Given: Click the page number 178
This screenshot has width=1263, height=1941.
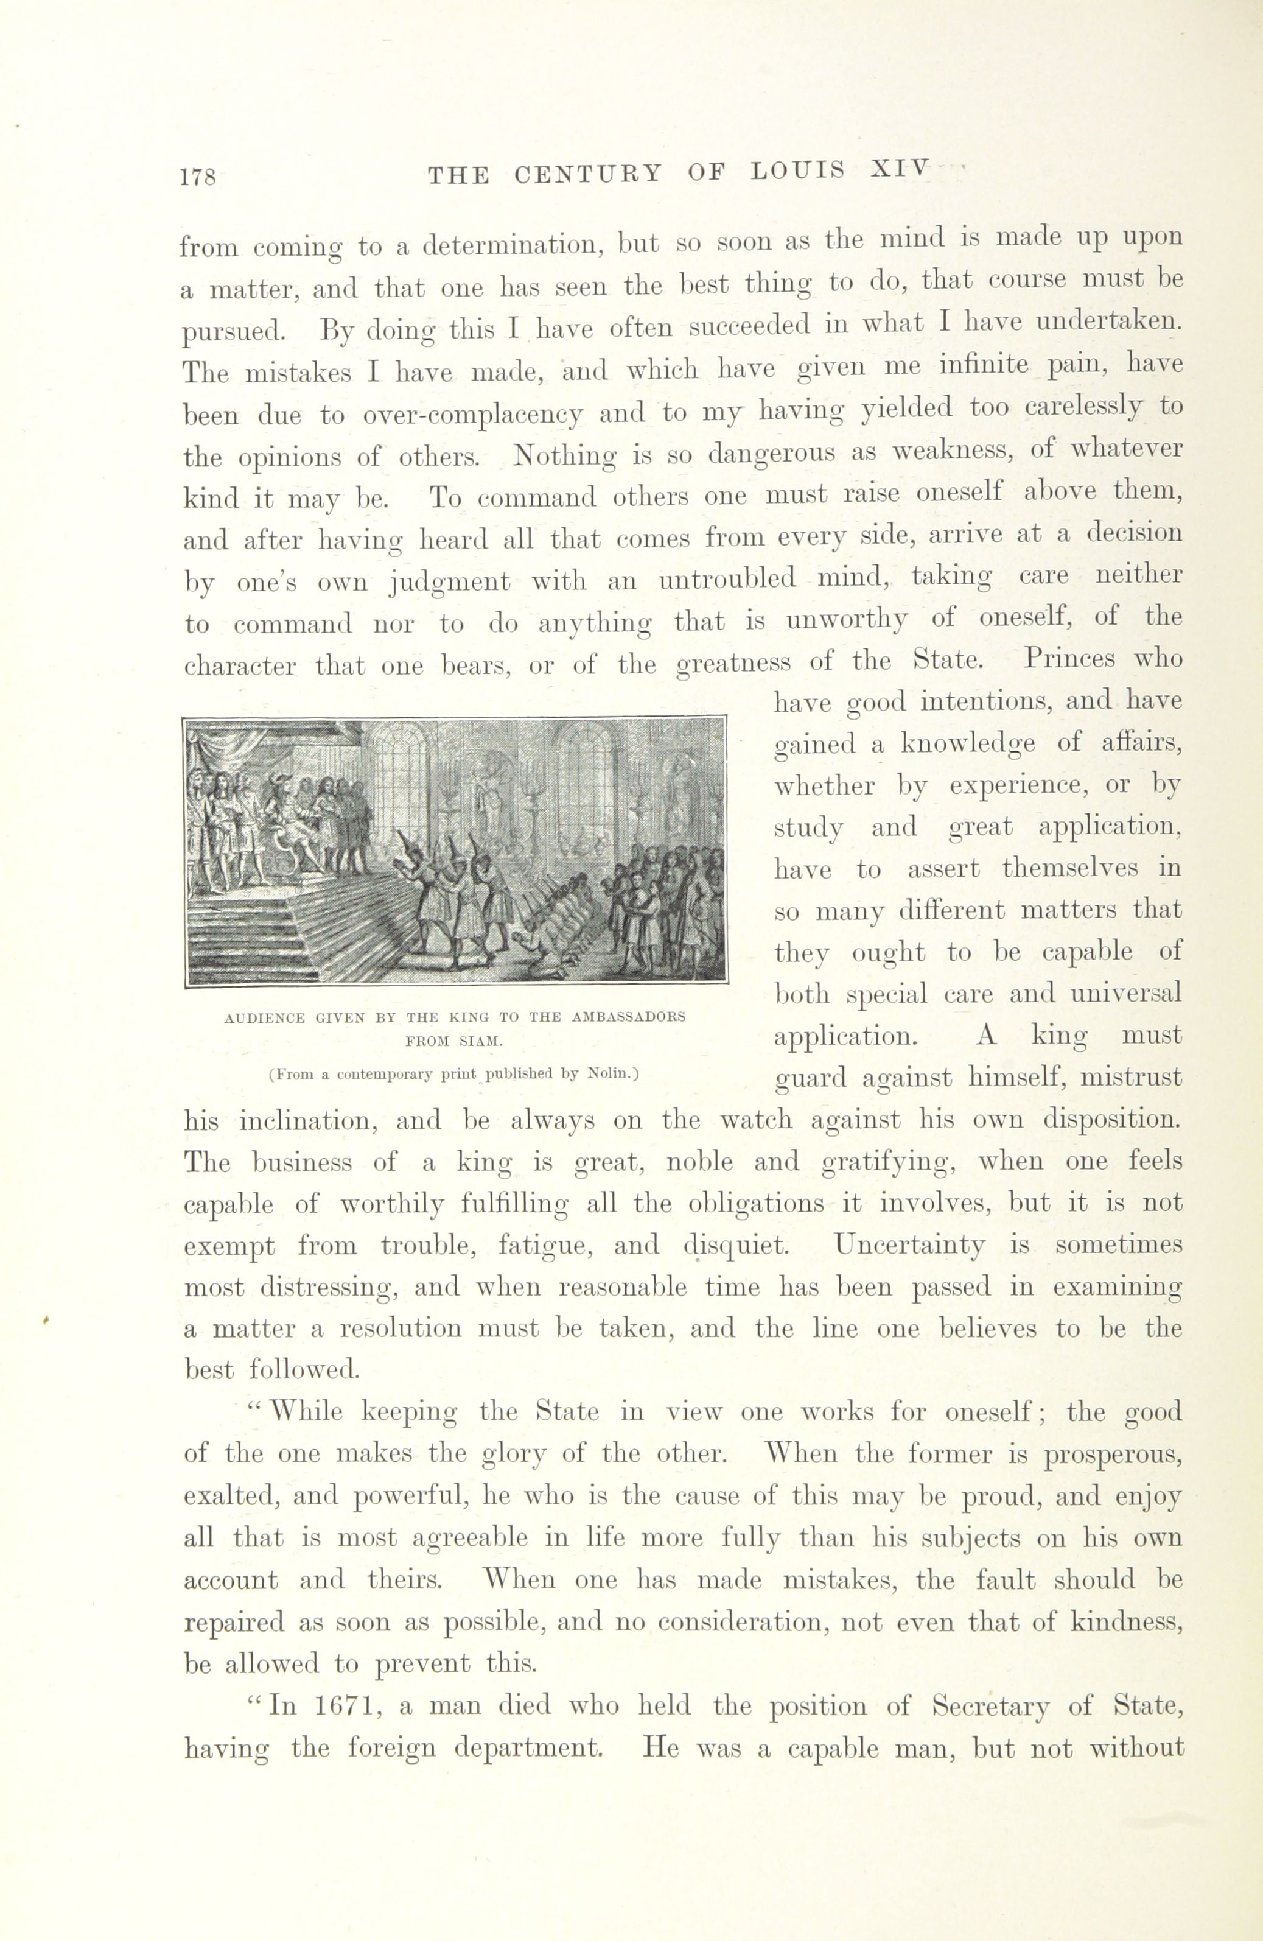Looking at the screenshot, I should coord(198,176).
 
